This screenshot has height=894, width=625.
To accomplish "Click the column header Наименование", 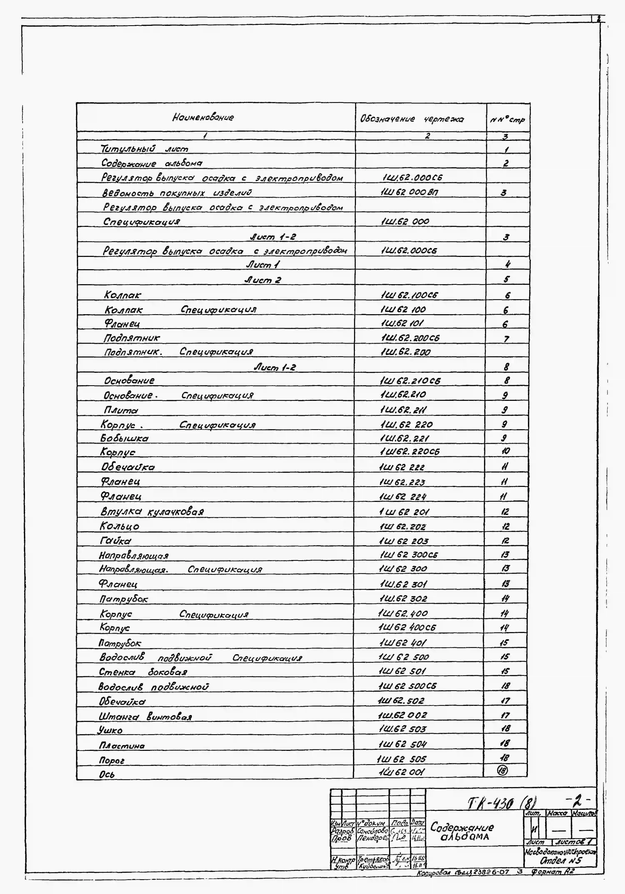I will tap(203, 117).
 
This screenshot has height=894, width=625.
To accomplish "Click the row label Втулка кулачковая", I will tap(152, 511).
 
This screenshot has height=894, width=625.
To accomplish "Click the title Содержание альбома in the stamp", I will tap(462, 831).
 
